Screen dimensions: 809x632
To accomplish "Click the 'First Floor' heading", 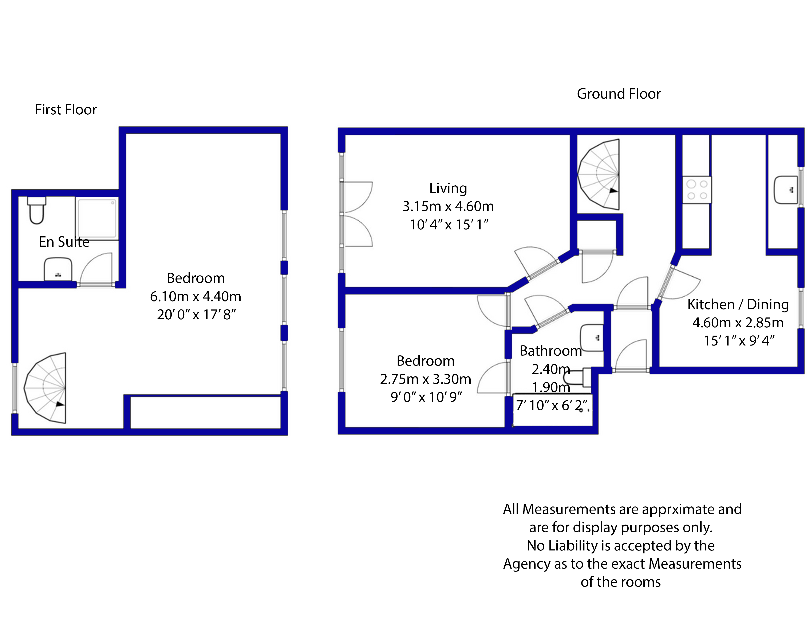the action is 66,110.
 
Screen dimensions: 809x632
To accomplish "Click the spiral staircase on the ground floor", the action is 598,174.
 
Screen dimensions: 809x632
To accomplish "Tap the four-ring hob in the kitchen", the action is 697,190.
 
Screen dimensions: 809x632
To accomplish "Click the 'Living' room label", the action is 448,188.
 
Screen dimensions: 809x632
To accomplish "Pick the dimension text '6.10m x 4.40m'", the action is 196,296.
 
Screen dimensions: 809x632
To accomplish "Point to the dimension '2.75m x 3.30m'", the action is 426,379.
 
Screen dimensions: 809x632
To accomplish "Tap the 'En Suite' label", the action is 64,242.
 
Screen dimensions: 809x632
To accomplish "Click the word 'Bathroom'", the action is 550,351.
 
